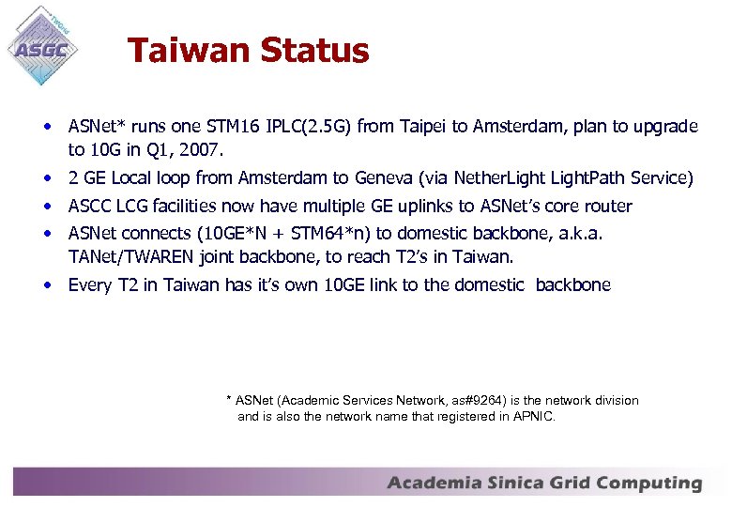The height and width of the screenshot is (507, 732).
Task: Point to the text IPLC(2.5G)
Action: pyautogui.click(x=311, y=126)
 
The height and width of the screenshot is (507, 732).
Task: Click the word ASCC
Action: pyautogui.click(x=89, y=206)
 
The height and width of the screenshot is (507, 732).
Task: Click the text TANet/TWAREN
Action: pyautogui.click(x=123, y=256)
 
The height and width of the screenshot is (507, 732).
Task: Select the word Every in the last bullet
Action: pyautogui.click(x=89, y=284)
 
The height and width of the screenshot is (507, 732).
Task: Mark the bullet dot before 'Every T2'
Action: pyautogui.click(x=46, y=284)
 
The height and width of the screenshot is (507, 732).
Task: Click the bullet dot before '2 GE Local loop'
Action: pyautogui.click(x=46, y=177)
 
